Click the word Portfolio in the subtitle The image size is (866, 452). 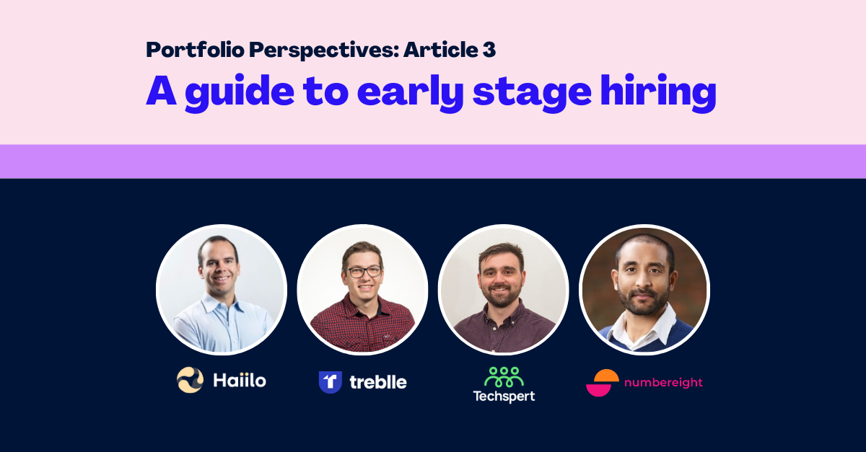click(196, 50)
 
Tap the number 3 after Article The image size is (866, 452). click(489, 50)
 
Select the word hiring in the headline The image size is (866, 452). click(658, 93)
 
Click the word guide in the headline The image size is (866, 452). click(240, 93)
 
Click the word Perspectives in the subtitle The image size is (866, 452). click(323, 50)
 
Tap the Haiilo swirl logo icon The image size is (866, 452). click(190, 380)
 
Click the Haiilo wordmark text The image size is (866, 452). click(240, 380)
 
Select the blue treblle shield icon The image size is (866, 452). click(331, 381)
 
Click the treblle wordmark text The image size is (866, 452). click(378, 382)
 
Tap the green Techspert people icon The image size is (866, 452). click(504, 377)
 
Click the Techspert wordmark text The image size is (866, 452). click(504, 396)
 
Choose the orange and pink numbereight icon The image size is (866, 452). click(603, 383)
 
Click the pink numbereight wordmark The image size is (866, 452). click(663, 383)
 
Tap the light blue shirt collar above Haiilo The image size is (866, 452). click(221, 303)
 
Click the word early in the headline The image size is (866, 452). click(410, 93)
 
